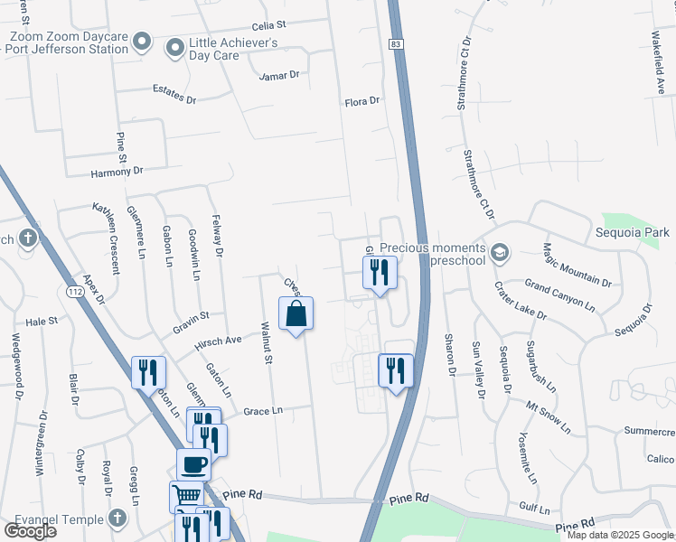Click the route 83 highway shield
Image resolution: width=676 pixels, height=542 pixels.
pyautogui.click(x=398, y=43)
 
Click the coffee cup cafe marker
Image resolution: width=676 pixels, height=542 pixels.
pyautogui.click(x=193, y=465)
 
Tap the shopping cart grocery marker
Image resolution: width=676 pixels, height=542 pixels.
pyautogui.click(x=185, y=496)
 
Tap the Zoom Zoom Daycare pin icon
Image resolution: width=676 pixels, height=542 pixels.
pyautogui.click(x=141, y=42)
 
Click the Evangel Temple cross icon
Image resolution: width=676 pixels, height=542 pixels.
pyautogui.click(x=117, y=518)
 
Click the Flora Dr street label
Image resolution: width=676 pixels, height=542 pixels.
pyautogui.click(x=362, y=102)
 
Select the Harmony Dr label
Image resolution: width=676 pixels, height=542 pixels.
pyautogui.click(x=117, y=171)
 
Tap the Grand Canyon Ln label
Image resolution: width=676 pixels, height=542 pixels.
pyautogui.click(x=559, y=295)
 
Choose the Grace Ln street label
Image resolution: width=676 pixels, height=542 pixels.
pyautogui.click(x=263, y=411)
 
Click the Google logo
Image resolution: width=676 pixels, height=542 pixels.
pyautogui.click(x=30, y=531)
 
